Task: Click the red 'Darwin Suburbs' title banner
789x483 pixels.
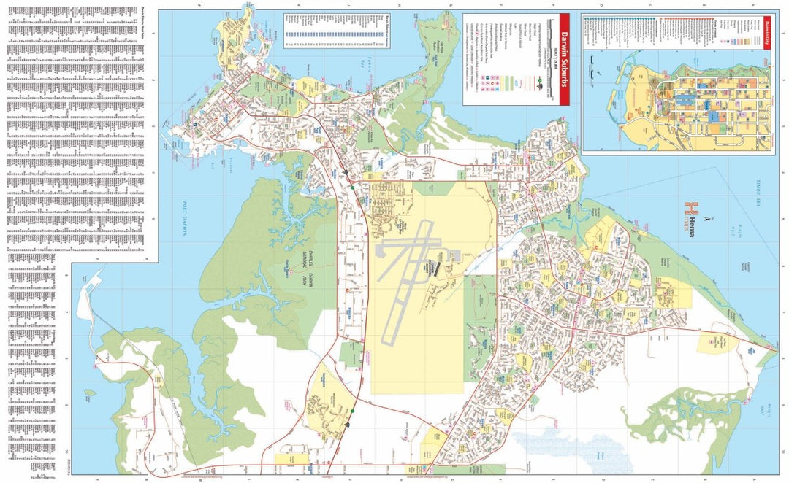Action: click(x=563, y=60)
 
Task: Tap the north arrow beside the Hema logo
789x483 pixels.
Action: click(x=706, y=217)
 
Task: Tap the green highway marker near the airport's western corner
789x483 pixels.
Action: click(x=352, y=187)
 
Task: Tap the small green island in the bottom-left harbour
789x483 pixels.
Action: click(x=90, y=393)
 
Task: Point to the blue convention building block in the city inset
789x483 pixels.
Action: click(x=687, y=101)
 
